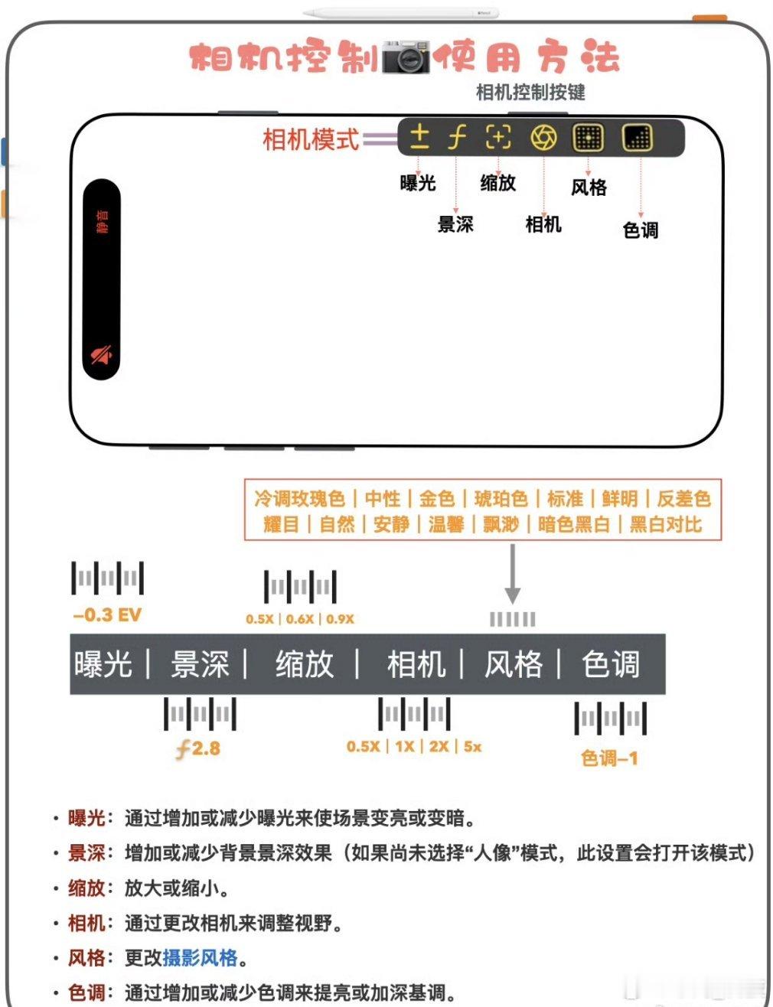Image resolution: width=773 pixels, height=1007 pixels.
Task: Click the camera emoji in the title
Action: pos(406,57)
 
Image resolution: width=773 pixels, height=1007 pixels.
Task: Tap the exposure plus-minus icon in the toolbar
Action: pos(419,138)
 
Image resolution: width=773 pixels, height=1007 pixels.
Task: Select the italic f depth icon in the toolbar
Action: pos(457,138)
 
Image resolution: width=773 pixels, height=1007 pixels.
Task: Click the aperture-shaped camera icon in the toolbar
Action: pos(543,138)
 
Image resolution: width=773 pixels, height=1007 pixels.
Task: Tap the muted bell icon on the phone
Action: pos(102,354)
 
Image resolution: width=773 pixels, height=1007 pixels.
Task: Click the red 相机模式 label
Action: pos(310,139)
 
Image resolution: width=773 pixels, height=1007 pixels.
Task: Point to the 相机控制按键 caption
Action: pos(530,93)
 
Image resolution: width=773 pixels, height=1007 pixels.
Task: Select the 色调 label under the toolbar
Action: pos(641,230)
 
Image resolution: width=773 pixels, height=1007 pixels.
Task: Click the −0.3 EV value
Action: pos(107,615)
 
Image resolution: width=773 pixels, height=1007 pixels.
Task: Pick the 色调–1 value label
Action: pos(609,758)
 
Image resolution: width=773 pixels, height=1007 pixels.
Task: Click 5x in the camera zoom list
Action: pos(472,746)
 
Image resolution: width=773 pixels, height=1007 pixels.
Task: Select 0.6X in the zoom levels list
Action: pos(299,618)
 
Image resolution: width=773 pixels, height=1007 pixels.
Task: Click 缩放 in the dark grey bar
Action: pos(305,664)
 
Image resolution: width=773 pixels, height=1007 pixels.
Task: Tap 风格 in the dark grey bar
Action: pos(513,664)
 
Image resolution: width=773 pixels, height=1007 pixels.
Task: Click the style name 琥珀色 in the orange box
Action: pos(501,499)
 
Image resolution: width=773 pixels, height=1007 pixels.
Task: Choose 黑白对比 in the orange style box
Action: pos(665,524)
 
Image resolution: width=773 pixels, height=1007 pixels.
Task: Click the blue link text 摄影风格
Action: pos(200,958)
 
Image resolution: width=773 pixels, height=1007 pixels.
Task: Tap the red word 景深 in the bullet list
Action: pos(86,852)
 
